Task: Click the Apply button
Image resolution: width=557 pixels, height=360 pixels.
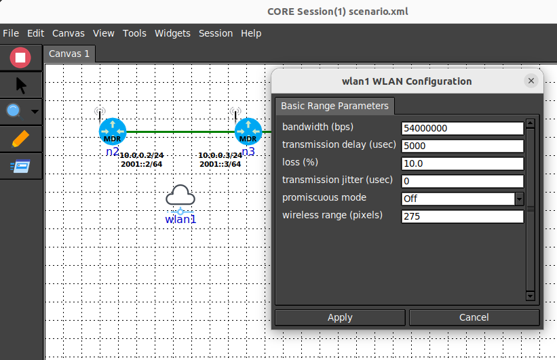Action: click(340, 317)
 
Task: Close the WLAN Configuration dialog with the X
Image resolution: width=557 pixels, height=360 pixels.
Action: click(531, 81)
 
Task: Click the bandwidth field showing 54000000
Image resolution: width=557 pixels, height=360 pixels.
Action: click(462, 128)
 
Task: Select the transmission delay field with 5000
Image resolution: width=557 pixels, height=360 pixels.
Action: click(462, 146)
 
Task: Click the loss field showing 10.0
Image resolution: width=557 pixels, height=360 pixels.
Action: click(462, 163)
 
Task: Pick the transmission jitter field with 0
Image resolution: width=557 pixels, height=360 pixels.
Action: click(462, 181)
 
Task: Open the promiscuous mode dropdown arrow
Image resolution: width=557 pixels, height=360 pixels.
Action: click(519, 199)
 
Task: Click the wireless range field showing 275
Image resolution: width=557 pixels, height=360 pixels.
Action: click(462, 216)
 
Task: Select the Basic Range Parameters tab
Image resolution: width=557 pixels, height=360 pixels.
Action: click(334, 106)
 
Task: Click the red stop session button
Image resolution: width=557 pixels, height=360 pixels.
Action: click(20, 58)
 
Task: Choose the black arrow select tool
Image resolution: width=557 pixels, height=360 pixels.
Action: click(21, 85)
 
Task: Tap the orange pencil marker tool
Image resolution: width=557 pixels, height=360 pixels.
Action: click(20, 138)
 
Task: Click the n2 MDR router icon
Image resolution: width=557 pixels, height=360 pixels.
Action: click(112, 132)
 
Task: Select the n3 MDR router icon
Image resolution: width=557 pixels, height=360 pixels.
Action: click(248, 132)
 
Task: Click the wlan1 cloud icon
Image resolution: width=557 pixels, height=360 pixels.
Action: click(180, 195)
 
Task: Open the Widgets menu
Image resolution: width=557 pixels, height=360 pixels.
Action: click(172, 33)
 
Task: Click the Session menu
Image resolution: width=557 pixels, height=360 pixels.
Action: click(216, 33)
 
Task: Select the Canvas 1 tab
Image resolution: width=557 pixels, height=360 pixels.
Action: click(69, 54)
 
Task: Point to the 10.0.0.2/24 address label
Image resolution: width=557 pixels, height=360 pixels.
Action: click(142, 155)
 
